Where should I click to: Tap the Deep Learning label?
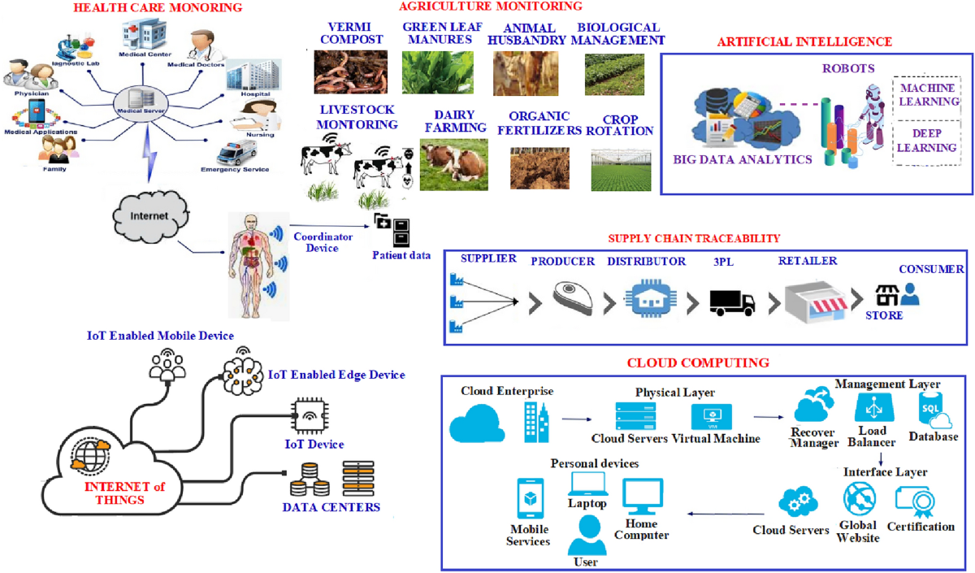click(926, 141)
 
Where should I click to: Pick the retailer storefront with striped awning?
click(808, 300)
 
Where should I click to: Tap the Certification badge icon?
click(916, 501)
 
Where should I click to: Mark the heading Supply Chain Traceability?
click(694, 238)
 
